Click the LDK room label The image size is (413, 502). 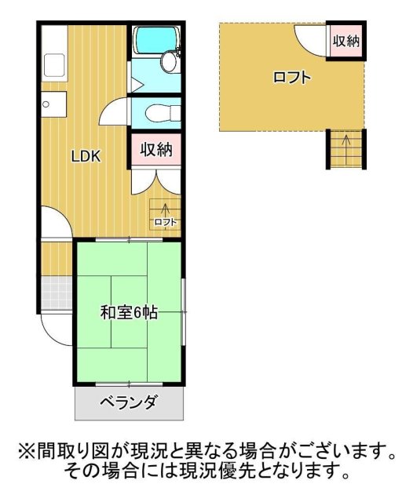86,155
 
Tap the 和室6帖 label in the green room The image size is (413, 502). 129,312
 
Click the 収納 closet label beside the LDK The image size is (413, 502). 156,149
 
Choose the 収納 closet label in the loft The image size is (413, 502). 346,42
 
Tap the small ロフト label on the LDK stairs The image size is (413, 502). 166,222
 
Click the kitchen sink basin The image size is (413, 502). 55,64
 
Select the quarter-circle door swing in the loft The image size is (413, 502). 309,37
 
